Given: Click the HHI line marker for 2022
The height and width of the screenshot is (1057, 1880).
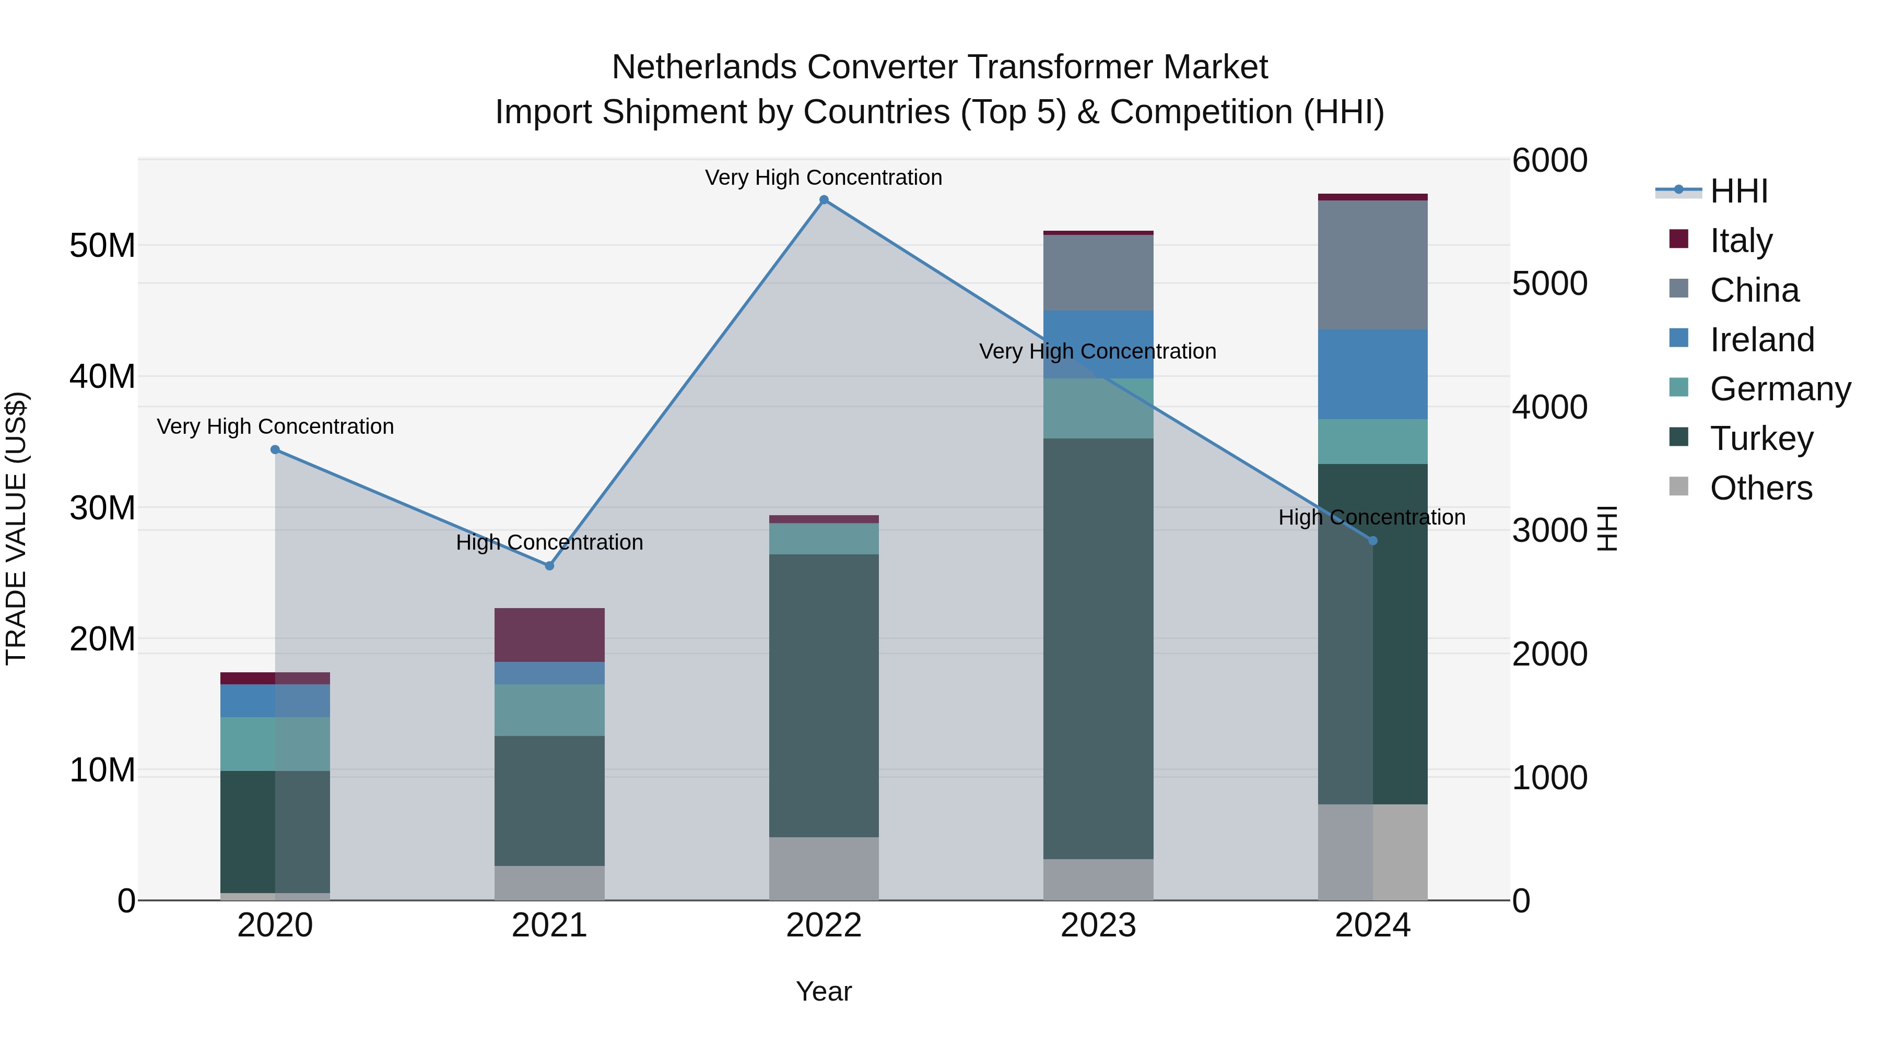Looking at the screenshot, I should coord(824,200).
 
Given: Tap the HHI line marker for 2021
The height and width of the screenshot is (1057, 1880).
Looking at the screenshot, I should coord(549,565).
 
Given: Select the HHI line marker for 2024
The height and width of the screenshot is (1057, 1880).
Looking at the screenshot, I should coord(1373,541).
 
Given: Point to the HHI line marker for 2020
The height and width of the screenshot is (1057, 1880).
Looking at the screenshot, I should coord(275,449).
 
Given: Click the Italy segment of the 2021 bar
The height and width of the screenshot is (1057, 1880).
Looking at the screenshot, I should coord(549,635).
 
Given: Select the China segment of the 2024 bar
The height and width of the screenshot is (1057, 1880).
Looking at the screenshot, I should coord(1373,265).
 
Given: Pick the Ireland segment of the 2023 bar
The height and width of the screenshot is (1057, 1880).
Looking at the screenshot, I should coord(1098,345).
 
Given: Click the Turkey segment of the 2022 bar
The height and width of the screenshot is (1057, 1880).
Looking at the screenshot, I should coord(824,695).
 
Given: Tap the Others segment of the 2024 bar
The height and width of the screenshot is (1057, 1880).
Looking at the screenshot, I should coord(1373,852).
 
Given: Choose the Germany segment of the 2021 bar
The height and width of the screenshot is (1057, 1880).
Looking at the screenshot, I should coord(549,710).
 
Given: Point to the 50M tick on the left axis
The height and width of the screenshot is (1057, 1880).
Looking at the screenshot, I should coord(102,246).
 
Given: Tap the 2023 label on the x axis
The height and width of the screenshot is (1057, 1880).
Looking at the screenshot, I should coord(1098,925).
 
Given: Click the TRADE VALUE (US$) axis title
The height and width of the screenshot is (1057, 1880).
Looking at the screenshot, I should coord(16,528).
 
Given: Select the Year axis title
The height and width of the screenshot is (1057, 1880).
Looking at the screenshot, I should coord(824,991).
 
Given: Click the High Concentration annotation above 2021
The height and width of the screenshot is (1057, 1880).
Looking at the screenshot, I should coord(549,543).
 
